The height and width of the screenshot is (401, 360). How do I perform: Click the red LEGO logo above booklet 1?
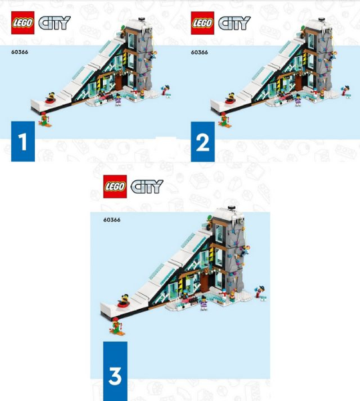click(x=23, y=23)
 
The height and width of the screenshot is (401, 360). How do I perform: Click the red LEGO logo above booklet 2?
click(x=202, y=23)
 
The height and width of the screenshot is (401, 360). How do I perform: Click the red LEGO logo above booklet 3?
click(x=115, y=186)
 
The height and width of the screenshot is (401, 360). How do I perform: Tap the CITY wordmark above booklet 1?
click(x=54, y=23)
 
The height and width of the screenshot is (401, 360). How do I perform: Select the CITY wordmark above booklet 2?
click(x=234, y=23)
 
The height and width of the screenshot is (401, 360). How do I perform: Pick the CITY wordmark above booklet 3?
click(x=147, y=186)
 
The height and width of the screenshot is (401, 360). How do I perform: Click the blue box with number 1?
click(x=23, y=142)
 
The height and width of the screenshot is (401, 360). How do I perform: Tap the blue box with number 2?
click(x=202, y=142)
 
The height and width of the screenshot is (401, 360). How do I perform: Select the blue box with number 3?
click(x=116, y=371)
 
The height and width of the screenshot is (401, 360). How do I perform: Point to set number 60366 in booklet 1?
click(x=19, y=52)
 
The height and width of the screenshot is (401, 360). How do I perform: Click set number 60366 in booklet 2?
click(x=199, y=52)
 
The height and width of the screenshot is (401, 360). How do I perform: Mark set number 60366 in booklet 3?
click(x=112, y=220)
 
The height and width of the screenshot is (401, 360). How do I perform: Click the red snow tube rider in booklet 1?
click(x=51, y=98)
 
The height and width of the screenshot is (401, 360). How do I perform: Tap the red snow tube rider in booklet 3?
click(x=124, y=301)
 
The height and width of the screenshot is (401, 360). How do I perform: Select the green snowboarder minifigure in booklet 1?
click(x=45, y=120)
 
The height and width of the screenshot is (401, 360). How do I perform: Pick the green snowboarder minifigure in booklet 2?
click(x=224, y=120)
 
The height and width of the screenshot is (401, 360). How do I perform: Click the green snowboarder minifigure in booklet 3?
click(x=118, y=326)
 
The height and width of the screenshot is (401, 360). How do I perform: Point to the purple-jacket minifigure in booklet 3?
click(x=204, y=303)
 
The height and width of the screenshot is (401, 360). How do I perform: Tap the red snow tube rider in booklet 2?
click(x=230, y=98)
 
